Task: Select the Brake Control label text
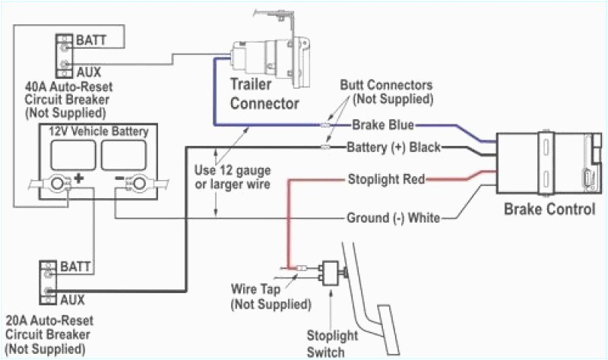[549, 208]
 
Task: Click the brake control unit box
[545, 163]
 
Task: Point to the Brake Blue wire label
[382, 125]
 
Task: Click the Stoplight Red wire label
[386, 179]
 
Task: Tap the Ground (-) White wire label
[393, 218]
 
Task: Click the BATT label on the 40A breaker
[90, 38]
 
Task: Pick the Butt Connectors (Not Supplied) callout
[386, 92]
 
